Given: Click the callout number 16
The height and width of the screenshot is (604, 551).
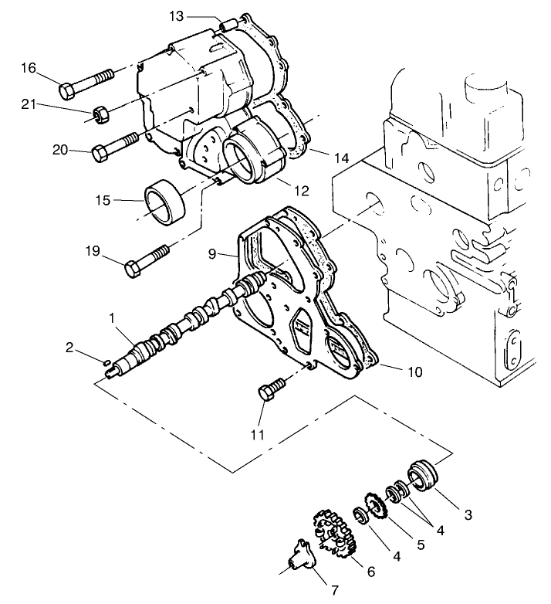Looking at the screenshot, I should coord(29,69).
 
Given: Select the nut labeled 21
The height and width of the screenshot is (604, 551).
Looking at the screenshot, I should coord(100,115).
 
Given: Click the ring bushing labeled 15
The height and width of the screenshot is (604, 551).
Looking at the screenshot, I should coord(164,203).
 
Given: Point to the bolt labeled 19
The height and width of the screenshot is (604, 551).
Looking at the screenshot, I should coord(147,261).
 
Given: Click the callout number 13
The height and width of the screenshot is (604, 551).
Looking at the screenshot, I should coord(176,16).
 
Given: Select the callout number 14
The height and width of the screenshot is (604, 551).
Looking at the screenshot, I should coord(342,158).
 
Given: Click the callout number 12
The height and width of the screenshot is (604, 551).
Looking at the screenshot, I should coord(302,190).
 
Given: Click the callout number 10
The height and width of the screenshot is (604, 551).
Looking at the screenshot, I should coord(414,372).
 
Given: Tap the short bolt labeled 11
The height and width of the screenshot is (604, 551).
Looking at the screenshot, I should coord(270,391).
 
